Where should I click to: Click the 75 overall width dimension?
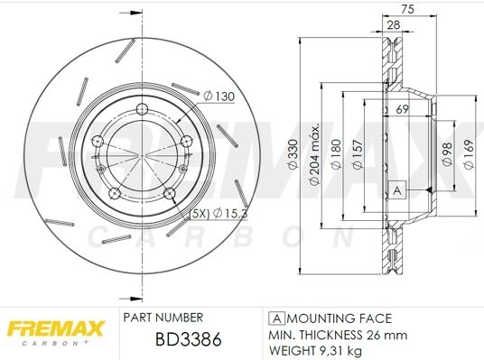point(408,10)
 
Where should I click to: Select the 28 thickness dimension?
point(394,26)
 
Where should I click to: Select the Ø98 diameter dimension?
point(446,154)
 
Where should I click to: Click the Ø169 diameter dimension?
point(468,154)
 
